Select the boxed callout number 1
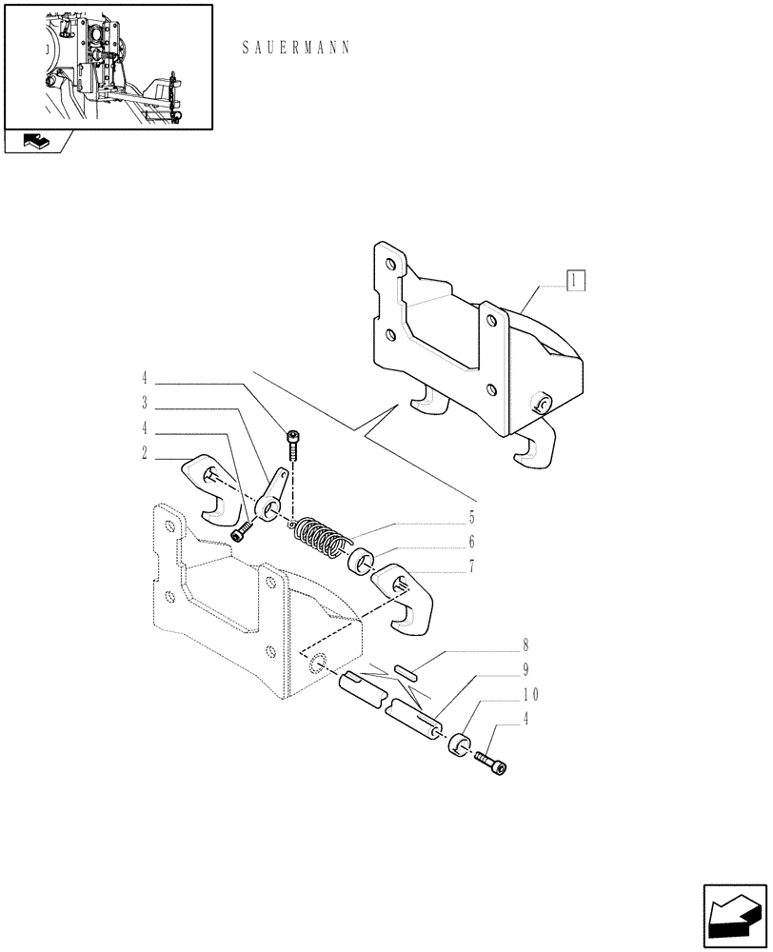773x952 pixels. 576,280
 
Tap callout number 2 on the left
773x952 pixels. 144,455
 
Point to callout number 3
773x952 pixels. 144,402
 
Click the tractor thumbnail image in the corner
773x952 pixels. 108,67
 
